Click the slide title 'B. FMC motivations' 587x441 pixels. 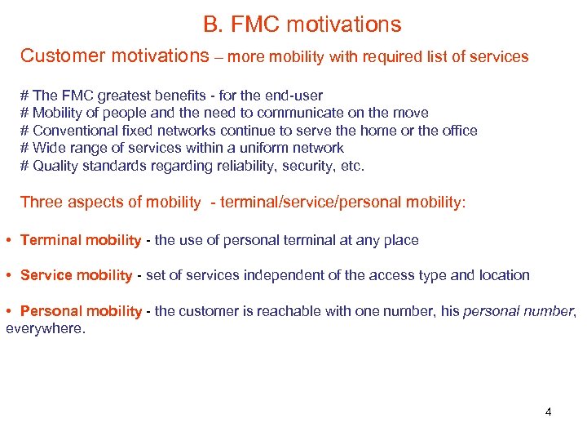302,24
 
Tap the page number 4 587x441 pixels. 548,412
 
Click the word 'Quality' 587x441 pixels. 55,166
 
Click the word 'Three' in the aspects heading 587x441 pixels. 41,203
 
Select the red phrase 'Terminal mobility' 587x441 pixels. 80,240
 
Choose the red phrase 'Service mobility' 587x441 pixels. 76,275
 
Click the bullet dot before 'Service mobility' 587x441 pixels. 8,276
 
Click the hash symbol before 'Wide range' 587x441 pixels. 24,148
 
